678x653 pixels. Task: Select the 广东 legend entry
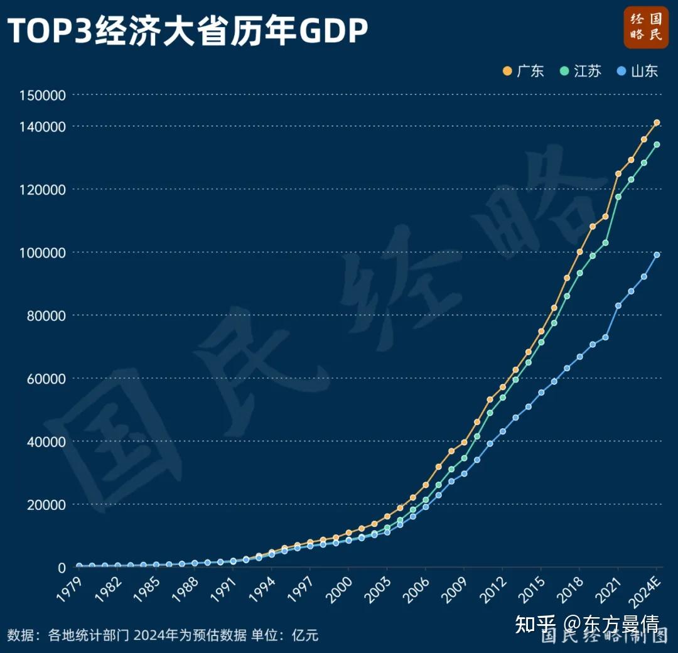pos(523,71)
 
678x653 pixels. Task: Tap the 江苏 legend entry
pos(580,71)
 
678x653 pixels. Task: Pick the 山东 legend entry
pos(637,71)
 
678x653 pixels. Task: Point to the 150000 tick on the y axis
pos(43,95)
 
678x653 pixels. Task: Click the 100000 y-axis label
pos(43,253)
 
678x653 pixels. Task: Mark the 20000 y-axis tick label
pos(46,505)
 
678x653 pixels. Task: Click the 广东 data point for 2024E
pos(657,122)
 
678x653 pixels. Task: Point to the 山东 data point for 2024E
pos(657,255)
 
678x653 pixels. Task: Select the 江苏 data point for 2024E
pos(657,144)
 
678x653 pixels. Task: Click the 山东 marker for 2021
pos(618,306)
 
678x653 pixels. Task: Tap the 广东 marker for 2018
pos(579,252)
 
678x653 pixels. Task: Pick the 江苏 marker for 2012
pos(502,397)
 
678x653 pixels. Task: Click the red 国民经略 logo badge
pos(646,27)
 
